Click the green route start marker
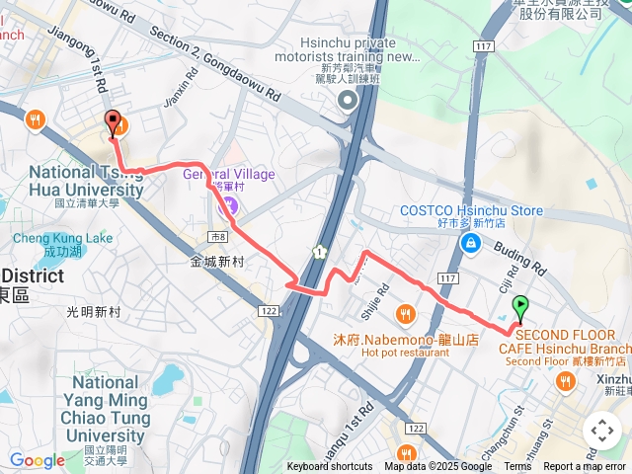(520, 308)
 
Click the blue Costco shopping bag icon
(471, 243)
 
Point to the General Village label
(229, 175)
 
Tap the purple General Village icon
(229, 206)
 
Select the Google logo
(37, 460)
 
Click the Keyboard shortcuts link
(330, 467)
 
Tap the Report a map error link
(586, 467)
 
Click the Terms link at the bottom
(517, 467)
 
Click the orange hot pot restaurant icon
(405, 315)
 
